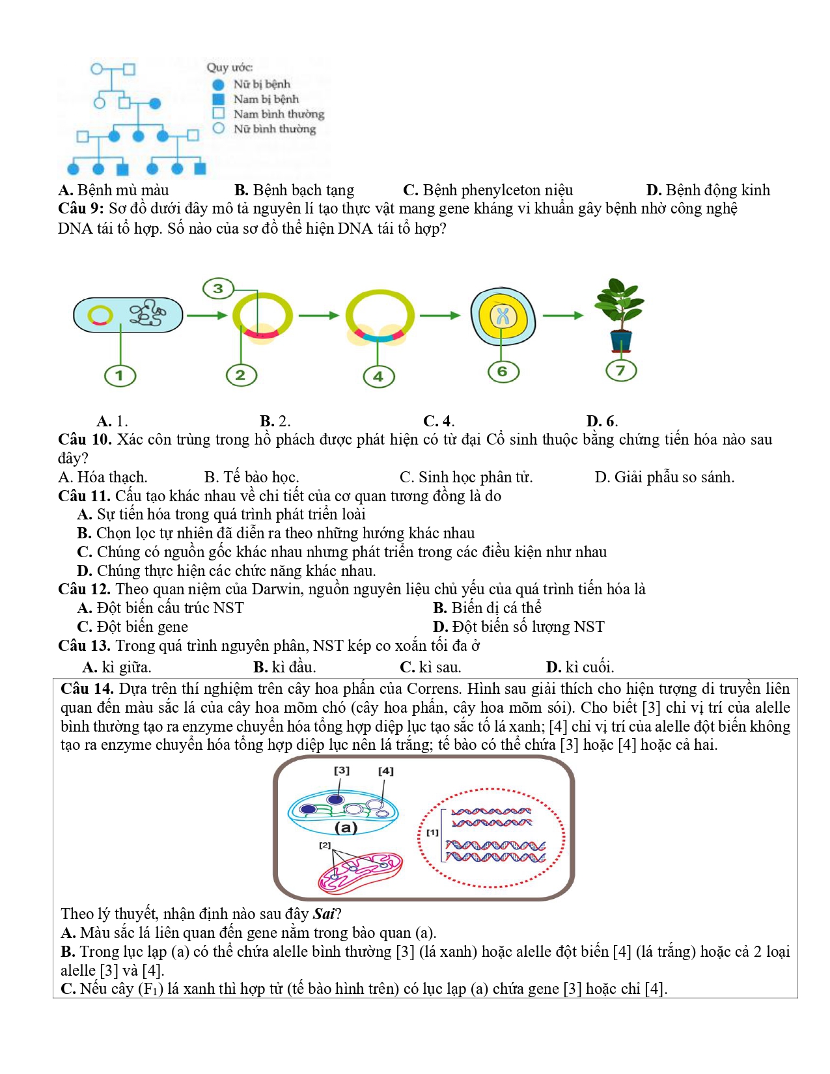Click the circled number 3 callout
218,288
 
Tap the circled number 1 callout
120,376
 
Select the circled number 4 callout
378,376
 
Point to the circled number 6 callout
503,372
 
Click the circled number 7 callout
620,370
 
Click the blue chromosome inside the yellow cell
503,316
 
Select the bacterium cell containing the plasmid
128,315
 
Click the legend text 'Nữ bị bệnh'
262,84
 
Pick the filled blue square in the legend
219,99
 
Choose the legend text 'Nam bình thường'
279,114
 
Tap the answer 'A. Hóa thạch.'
103,477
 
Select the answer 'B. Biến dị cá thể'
487,608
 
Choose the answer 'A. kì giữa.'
117,667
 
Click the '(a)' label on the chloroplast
346,827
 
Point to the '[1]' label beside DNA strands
433,832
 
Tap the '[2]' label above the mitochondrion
325,845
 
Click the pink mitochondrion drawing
360,872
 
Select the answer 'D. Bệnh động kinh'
708,190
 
